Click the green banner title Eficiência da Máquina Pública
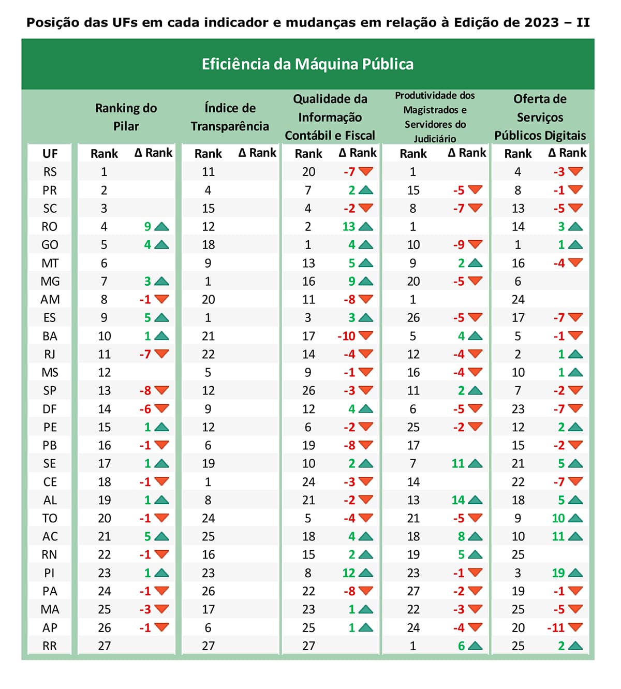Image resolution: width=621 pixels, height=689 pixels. (x=307, y=64)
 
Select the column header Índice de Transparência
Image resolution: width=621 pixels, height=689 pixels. (x=230, y=117)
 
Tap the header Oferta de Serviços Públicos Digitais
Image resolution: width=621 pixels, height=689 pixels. (x=540, y=117)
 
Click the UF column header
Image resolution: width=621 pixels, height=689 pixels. (x=50, y=154)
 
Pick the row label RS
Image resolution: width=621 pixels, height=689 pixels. (x=50, y=172)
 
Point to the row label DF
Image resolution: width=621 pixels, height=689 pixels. (x=50, y=409)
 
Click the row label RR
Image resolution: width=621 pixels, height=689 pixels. (x=50, y=646)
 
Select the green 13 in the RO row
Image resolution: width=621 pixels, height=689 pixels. (x=349, y=227)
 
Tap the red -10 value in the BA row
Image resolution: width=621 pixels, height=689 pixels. (x=346, y=336)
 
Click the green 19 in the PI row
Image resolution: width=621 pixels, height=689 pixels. (x=558, y=573)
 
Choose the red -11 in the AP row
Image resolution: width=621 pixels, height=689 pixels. (x=556, y=628)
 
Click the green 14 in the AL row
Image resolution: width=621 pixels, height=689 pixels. (x=458, y=500)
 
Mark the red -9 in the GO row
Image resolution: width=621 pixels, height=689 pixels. (x=459, y=245)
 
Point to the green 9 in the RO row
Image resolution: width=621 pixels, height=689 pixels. (x=147, y=227)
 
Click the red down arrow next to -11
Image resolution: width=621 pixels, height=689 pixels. (x=575, y=627)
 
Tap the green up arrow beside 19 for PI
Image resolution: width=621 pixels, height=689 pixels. (x=575, y=573)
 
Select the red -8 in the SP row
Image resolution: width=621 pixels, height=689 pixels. (x=145, y=391)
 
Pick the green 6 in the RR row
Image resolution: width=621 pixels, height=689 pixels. (x=461, y=646)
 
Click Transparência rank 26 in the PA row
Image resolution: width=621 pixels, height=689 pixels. (x=208, y=592)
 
